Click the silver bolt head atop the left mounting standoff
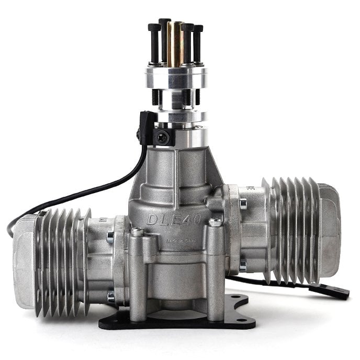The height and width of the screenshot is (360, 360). (x=138, y=231)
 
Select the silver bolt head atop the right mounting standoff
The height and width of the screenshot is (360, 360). (x=215, y=222)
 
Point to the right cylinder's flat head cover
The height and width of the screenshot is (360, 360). (x=330, y=230)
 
